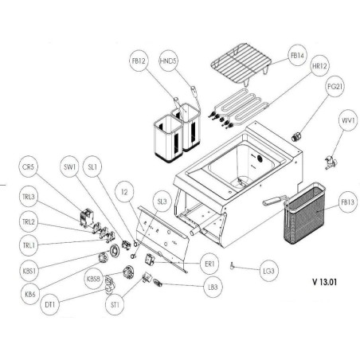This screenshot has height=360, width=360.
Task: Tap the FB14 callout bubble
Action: click(x=295, y=57)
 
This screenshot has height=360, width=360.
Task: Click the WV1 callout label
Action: click(x=348, y=121)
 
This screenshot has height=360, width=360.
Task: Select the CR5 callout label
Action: click(x=29, y=167)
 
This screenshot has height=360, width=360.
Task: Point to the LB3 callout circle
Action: click(x=212, y=288)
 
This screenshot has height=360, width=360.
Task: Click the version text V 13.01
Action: click(x=329, y=281)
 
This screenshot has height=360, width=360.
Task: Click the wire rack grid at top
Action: click(x=241, y=68)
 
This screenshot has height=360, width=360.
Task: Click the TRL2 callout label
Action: click(x=29, y=222)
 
